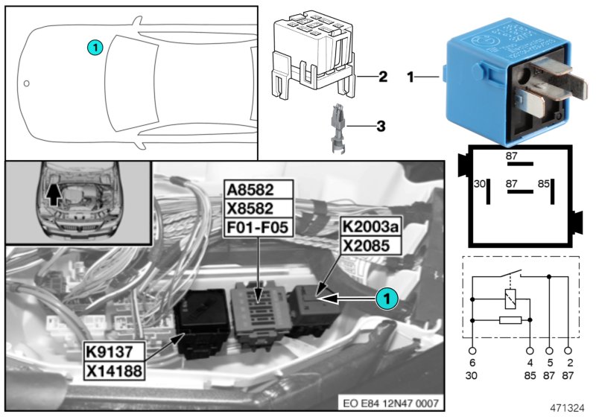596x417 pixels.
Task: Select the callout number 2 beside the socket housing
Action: [x=382, y=77]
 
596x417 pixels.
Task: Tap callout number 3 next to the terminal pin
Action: [x=381, y=127]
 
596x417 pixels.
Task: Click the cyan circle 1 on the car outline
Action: [x=94, y=47]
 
